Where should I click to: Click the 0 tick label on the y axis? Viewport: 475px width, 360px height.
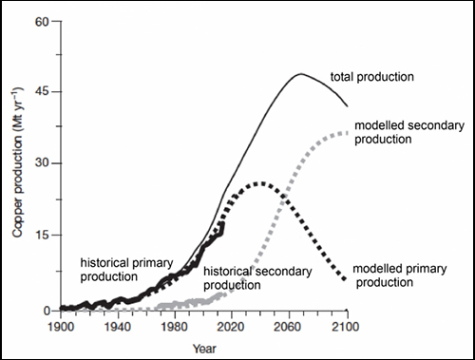coord(47,311)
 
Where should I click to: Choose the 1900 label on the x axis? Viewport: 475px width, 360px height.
coord(61,327)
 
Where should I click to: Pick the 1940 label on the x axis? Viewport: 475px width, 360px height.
coord(118,327)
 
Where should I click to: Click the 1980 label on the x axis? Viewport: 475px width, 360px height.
coord(175,327)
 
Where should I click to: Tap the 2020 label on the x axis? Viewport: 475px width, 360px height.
coord(231,327)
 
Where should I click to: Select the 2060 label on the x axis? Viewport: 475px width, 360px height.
coord(288,327)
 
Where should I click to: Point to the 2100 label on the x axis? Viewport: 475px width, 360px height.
coord(346,327)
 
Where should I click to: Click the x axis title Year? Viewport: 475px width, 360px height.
coord(204,349)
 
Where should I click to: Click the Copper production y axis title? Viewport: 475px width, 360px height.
coord(18,161)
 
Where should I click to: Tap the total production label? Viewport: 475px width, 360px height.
coord(372,77)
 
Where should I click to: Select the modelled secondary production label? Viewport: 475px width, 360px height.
coord(409,132)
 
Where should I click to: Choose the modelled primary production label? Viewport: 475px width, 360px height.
coord(400,275)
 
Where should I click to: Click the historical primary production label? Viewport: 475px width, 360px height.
coord(126,270)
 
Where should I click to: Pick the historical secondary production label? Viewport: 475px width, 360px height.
coord(257,278)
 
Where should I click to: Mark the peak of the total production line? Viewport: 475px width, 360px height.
coord(300,74)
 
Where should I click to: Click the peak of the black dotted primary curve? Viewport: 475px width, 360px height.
coord(261,183)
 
